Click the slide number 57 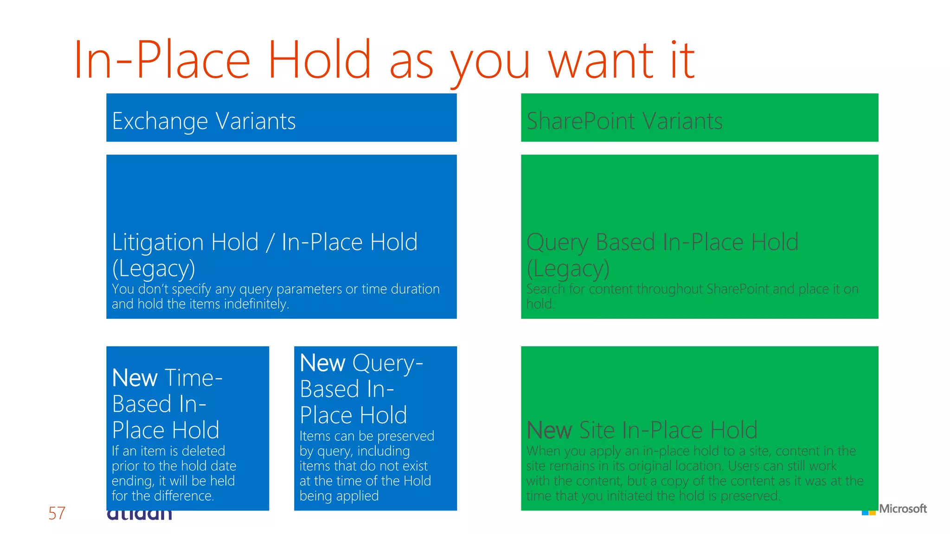pos(57,513)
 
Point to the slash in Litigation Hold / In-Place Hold pos(270,242)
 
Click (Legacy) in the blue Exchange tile pos(154,268)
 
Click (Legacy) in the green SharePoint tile pos(568,268)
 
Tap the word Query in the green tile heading pos(557,242)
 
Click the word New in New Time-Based pos(135,378)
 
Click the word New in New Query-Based pos(322,363)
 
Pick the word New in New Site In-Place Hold pos(549,430)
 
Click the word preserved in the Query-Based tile pos(405,436)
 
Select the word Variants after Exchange pos(256,121)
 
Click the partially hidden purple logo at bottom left pos(139,515)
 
